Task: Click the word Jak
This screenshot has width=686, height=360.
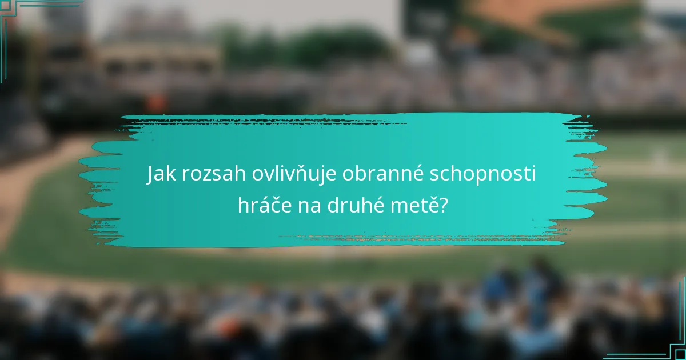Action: pyautogui.click(x=162, y=174)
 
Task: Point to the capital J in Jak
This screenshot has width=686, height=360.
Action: pyautogui.click(x=151, y=174)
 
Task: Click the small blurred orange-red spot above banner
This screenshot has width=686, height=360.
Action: pyautogui.click(x=155, y=103)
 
